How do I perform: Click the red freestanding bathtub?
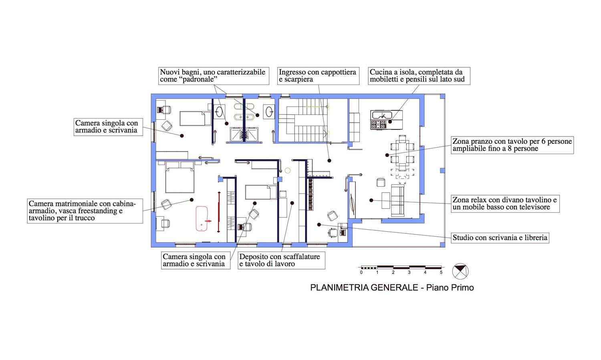202,218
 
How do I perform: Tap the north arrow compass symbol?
460,271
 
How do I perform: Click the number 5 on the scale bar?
441,272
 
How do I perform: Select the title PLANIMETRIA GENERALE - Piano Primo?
392,288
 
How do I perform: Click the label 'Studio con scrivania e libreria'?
500,238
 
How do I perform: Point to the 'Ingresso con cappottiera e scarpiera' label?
318,76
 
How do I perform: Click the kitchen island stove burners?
379,125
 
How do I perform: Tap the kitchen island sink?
382,115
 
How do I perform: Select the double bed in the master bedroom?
180,177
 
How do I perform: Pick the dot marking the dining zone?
387,155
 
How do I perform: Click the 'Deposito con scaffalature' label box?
281,260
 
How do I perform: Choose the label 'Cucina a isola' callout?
419,76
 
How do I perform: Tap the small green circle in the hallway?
288,171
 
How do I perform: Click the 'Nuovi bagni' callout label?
214,76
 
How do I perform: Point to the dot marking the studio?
319,225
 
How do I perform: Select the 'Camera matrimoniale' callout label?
85,211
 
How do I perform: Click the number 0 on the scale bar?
361,272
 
